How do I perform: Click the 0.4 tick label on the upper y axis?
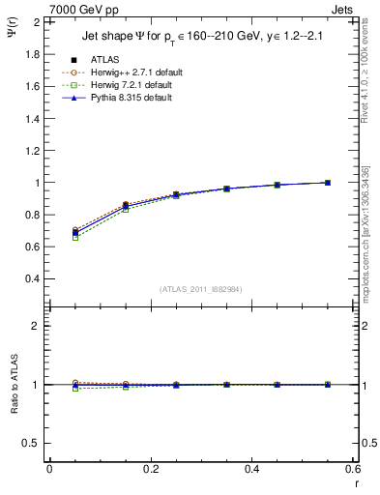pos(32,278)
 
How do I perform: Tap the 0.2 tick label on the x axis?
pos(150,469)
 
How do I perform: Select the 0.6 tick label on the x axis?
pos(353,469)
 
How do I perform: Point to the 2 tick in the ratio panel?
pos(37,326)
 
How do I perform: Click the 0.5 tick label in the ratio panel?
pos(32,443)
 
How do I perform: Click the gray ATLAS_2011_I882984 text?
pos(203,289)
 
